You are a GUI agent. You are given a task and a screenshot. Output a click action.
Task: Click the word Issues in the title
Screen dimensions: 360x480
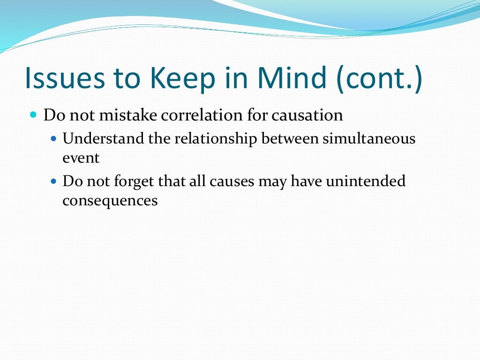pyautogui.click(x=65, y=78)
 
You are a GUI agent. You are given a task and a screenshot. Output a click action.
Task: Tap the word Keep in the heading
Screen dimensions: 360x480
pyautogui.click(x=181, y=78)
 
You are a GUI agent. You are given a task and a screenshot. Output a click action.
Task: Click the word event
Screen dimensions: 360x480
pyautogui.click(x=81, y=158)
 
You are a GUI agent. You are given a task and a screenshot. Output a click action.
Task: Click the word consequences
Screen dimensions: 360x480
pyautogui.click(x=110, y=201)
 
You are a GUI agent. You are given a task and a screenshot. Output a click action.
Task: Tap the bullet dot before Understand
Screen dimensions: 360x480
pyautogui.click(x=53, y=139)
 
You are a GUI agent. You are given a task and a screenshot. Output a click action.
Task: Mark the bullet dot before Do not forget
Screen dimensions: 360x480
pyautogui.click(x=53, y=181)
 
